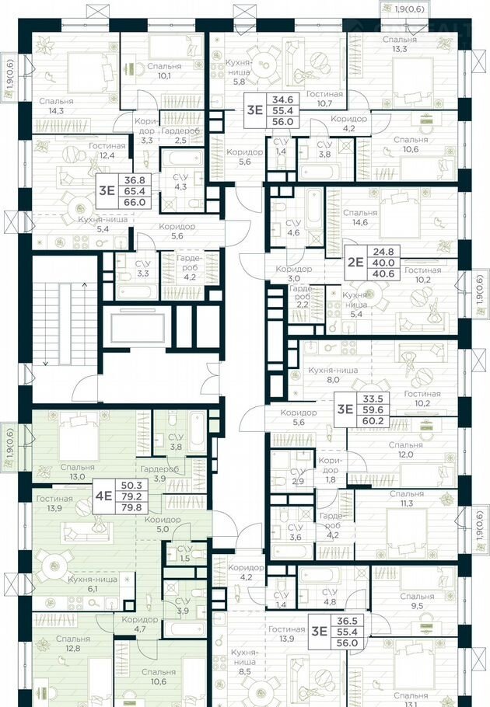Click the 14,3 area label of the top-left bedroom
56,111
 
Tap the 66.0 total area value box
135,203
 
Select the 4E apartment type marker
103,496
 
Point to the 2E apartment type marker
355,262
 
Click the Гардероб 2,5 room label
180,135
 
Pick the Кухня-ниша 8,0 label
333,374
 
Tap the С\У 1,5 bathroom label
184,553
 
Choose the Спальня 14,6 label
360,217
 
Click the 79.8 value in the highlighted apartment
131,507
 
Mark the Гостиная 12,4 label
107,151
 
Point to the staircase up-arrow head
84,284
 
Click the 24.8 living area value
384,251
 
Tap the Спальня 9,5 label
417,601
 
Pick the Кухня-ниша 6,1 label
93,584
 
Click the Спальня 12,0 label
406,450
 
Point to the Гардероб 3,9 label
159,474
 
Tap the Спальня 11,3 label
407,499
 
